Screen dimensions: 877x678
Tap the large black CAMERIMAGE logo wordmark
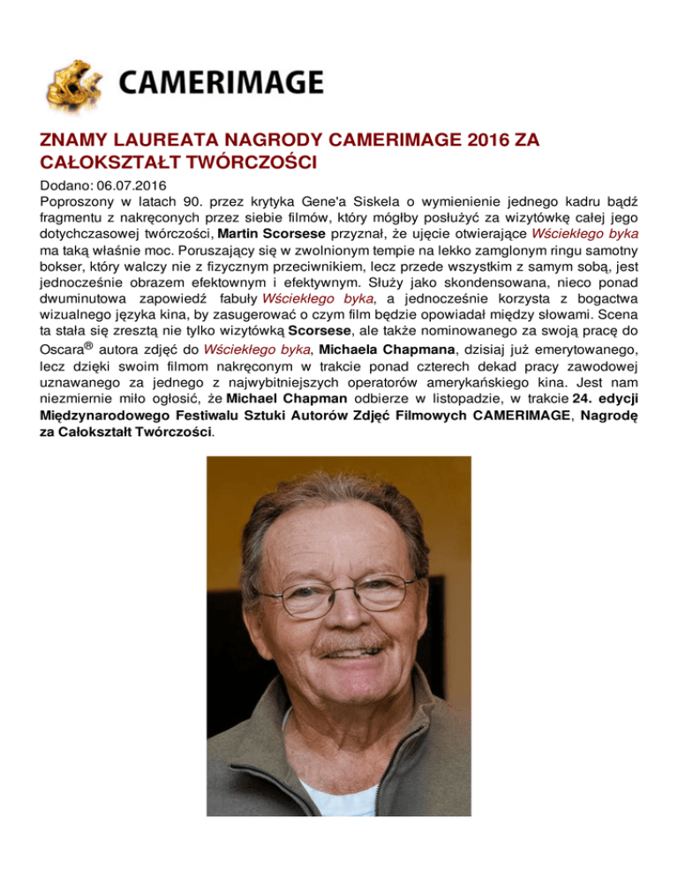(220, 83)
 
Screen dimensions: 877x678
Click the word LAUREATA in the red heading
(162, 142)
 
